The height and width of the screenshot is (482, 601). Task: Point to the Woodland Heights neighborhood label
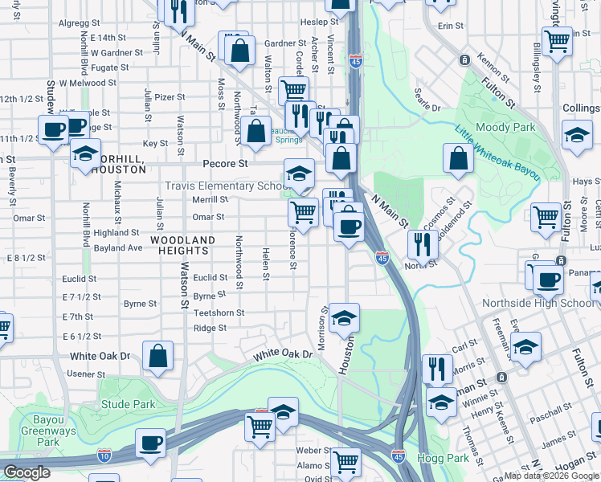coord(183,246)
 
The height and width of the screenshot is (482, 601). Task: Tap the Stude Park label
coord(128,404)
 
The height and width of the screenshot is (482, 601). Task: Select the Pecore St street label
coord(225,164)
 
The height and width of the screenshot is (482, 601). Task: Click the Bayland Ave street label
coord(117,248)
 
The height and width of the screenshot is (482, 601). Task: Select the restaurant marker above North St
coord(422,243)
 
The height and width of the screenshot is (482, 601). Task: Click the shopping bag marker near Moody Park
coord(458,159)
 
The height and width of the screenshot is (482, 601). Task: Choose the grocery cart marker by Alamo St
coord(346,461)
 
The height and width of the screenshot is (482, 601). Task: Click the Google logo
coord(28,472)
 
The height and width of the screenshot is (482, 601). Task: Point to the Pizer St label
coord(170,97)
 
